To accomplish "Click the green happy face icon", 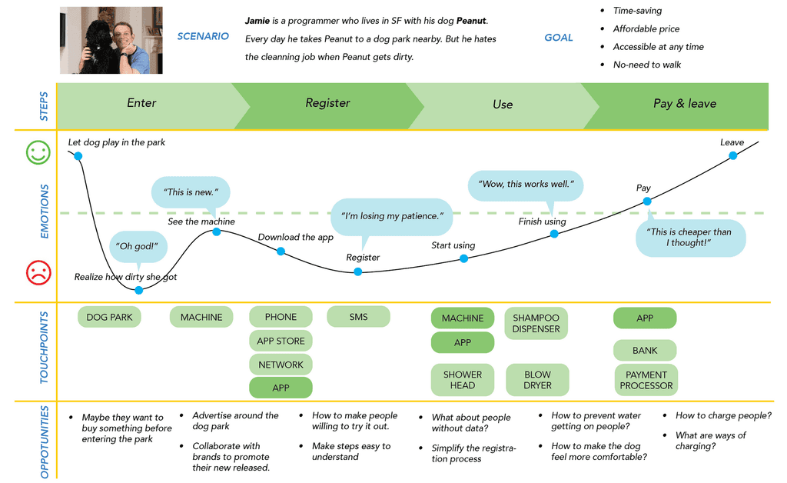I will [38, 152].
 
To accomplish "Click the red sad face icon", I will [38, 272].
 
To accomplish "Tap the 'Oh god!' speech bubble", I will [141, 246].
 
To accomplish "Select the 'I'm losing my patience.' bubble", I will [391, 216].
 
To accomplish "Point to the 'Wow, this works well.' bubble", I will [526, 185].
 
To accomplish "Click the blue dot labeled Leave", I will [733, 155].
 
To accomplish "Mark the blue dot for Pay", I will [647, 202].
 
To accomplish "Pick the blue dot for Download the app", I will [281, 251].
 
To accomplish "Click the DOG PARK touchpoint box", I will [109, 317].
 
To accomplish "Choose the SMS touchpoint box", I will [358, 317].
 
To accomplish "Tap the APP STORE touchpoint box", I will [281, 341].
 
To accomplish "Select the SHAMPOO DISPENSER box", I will [536, 323].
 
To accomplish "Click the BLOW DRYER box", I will [537, 380].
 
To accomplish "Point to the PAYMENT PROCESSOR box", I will [646, 380].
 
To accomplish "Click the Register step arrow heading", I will [327, 103].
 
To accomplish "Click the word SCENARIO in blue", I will [203, 36].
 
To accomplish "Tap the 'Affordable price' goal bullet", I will [646, 29].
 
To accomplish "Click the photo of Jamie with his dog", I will [111, 40].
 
